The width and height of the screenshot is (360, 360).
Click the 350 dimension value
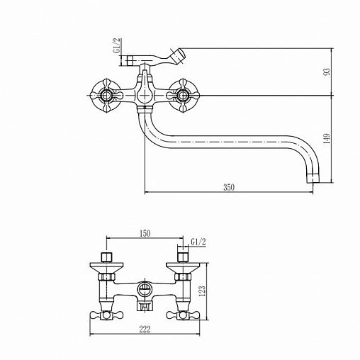click(229, 187)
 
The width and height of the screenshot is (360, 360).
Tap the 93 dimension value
click(327, 72)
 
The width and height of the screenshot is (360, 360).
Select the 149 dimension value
click(327, 139)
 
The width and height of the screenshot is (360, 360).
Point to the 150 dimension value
click(145, 233)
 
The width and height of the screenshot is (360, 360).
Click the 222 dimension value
click(145, 329)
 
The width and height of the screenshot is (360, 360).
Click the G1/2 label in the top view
click(117, 45)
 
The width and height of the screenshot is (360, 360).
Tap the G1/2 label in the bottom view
click(198, 242)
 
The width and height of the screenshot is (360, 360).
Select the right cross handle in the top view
click(182, 96)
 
